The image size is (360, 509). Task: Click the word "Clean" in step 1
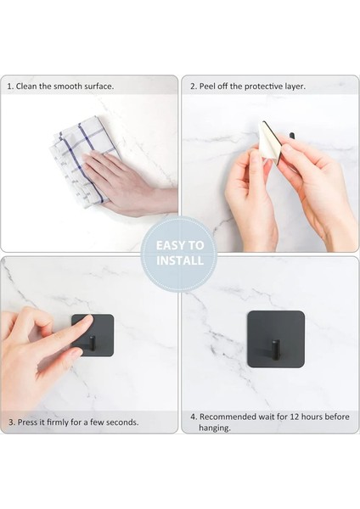pos(26,87)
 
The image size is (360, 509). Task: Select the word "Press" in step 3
pos(28,422)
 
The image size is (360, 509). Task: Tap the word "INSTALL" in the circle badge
pos(180,260)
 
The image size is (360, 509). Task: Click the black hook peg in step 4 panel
pos(276,349)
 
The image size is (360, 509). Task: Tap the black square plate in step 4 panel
pos(276,339)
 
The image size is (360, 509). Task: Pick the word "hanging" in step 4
pos(215,428)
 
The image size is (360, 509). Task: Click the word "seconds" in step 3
pos(122,422)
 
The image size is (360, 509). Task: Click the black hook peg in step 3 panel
pos(93,344)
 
